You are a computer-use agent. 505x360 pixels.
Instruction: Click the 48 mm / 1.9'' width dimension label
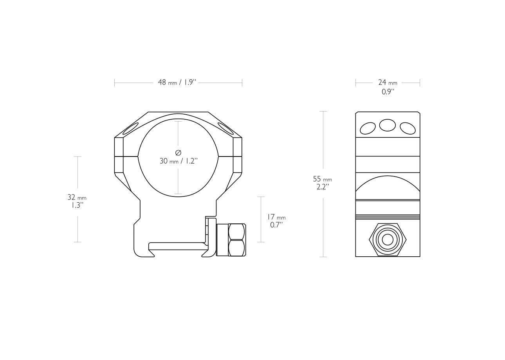(x=177, y=83)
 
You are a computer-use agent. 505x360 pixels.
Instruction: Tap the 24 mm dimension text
(x=387, y=82)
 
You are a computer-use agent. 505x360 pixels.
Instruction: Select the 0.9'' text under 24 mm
(x=388, y=92)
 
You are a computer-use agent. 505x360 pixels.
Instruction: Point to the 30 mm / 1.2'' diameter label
(x=179, y=161)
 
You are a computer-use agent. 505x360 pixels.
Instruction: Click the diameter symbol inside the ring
(x=178, y=152)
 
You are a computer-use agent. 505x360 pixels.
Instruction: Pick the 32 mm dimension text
(x=77, y=197)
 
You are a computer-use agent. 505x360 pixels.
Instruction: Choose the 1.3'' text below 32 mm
(x=77, y=205)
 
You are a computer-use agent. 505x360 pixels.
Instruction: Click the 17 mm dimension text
(x=276, y=217)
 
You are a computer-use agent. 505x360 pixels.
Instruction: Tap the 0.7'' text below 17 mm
(x=276, y=225)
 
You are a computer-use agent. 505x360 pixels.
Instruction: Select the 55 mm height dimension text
(x=322, y=179)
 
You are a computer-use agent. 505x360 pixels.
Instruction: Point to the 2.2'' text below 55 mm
(x=323, y=187)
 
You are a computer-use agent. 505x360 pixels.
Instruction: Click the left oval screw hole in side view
(x=368, y=128)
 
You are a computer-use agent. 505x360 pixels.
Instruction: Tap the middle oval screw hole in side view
(x=388, y=125)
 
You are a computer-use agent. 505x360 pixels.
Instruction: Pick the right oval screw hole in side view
(x=408, y=128)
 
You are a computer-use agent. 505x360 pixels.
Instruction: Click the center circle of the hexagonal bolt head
(x=388, y=239)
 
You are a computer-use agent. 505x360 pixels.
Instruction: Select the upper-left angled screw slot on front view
(x=131, y=128)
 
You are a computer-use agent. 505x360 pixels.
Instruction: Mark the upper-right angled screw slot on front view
(x=226, y=128)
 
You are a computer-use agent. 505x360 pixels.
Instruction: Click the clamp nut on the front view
(x=236, y=240)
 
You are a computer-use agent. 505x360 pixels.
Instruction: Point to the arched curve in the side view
(x=388, y=181)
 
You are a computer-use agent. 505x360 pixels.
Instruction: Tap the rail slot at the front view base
(x=176, y=246)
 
